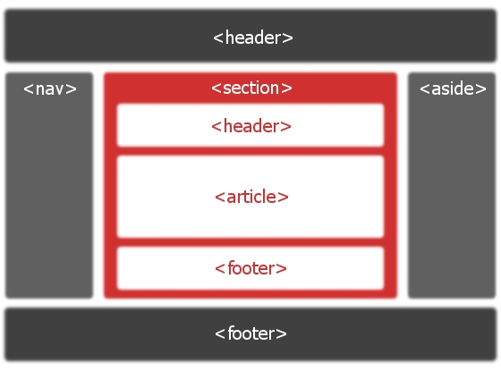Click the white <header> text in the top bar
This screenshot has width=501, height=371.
pos(252,38)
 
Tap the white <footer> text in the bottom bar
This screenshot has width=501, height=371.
pos(250,333)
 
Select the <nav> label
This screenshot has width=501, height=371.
pos(50,89)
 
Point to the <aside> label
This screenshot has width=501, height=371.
pos(453,89)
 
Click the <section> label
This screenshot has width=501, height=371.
pos(251,88)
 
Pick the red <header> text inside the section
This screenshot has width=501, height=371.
pos(251,126)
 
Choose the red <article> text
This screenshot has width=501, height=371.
pos(251,197)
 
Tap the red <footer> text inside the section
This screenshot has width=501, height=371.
pos(250,268)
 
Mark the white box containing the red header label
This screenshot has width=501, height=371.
pos(250,125)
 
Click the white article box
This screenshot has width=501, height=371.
pos(250,197)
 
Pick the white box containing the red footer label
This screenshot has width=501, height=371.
pos(250,268)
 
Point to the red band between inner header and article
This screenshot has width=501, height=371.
pos(250,151)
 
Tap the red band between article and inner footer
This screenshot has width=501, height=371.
pos(250,242)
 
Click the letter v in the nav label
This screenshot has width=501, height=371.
pos(59,90)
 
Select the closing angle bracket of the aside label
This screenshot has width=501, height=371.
pos(480,89)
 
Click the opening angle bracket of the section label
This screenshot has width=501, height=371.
pos(217,89)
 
